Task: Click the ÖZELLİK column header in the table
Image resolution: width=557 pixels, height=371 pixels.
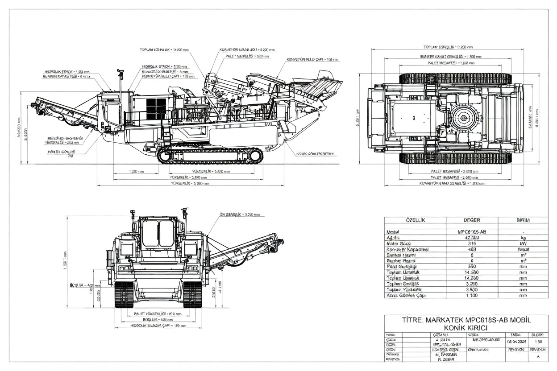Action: pos(415,220)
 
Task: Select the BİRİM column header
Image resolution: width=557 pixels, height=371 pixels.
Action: pos(523,220)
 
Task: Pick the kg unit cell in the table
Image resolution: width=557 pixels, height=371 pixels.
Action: pos(523,238)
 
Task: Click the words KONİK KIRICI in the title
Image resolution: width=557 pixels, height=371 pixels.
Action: pos(466,328)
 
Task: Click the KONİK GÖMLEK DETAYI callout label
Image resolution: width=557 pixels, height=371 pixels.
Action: pos(315,154)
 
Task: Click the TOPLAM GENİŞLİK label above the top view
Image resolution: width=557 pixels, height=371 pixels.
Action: pos(447,47)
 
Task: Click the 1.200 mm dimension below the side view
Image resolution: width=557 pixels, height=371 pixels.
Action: pos(136,171)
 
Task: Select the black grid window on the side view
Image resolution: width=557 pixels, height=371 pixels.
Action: pos(156,108)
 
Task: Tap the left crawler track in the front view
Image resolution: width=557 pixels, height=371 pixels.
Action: pos(125,294)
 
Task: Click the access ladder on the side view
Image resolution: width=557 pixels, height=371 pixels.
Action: pos(167,134)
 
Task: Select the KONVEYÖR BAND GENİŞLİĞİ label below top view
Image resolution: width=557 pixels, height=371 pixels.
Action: pos(452,183)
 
